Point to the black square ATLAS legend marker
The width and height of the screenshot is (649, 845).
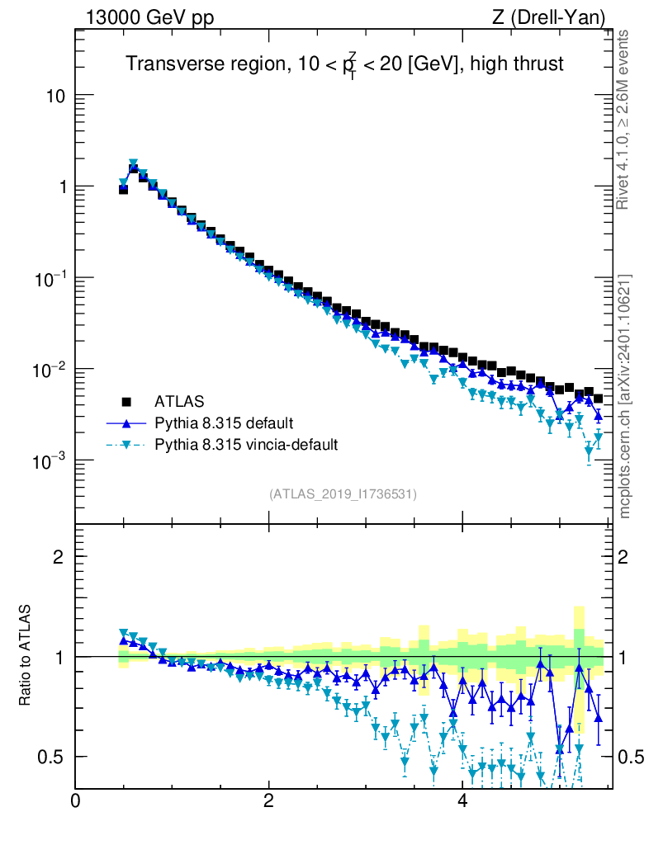(x=126, y=402)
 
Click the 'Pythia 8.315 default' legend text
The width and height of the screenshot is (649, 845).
(x=223, y=423)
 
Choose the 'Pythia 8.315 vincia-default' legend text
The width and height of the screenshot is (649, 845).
(x=245, y=445)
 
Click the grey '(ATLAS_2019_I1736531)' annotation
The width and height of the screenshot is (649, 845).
(x=343, y=494)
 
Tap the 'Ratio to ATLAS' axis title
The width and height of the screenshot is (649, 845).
(x=26, y=656)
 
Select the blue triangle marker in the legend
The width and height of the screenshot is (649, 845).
(x=126, y=423)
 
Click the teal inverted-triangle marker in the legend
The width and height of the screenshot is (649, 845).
(x=126, y=446)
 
